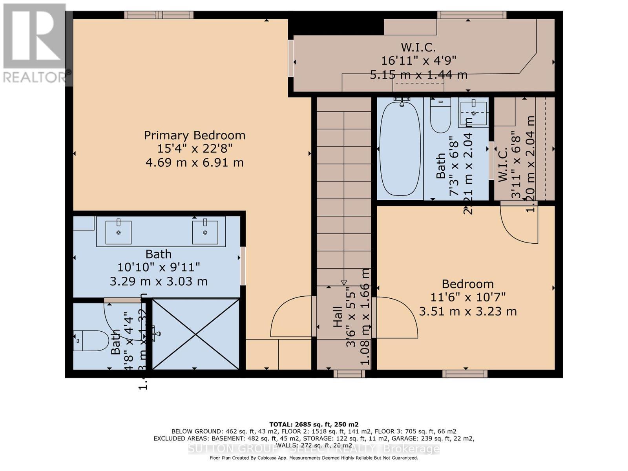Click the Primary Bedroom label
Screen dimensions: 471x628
point(195,135)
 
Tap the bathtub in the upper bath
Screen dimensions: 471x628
point(400,148)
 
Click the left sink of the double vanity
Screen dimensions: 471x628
point(118,232)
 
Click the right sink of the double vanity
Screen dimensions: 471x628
point(205,232)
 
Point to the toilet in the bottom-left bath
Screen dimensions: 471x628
point(91,341)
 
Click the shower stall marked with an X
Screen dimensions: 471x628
point(195,334)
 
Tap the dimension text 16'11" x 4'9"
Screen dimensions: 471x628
point(418,61)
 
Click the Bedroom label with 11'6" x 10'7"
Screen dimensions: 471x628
point(467,284)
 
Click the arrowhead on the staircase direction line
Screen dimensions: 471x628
point(344,283)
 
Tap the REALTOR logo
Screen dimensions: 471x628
point(35,43)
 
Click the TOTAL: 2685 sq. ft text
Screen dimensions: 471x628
point(314,424)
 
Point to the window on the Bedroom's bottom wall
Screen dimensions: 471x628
point(465,374)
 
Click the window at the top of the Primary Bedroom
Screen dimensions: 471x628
point(159,15)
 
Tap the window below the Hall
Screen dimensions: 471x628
point(349,374)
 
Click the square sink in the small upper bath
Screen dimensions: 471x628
point(473,113)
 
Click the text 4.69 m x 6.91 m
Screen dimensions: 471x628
point(195,162)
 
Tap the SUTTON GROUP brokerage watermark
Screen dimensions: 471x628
point(314,449)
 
